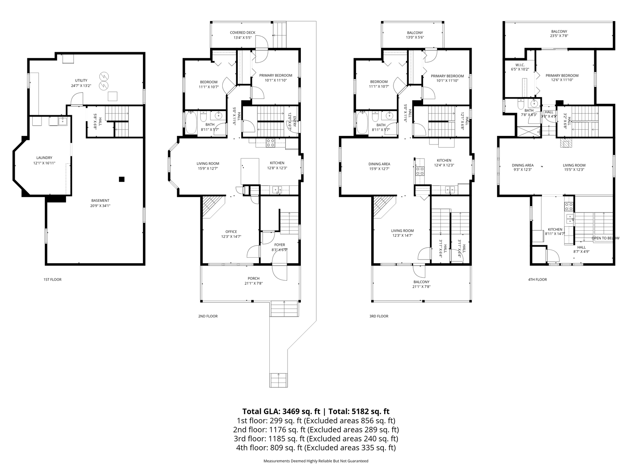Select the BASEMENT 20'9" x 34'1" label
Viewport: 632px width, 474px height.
click(100, 203)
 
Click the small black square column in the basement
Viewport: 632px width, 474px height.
click(122, 179)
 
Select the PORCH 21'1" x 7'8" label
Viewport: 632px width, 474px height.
click(254, 281)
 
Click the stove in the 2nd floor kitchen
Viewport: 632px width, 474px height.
click(271, 143)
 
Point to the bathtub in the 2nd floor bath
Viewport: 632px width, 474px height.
click(191, 123)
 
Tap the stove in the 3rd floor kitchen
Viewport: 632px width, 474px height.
click(420, 171)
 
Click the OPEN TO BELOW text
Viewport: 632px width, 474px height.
click(605, 238)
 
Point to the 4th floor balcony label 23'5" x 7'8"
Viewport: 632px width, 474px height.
click(559, 34)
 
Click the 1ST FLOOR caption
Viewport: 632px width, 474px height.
click(52, 280)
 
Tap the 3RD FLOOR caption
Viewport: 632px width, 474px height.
click(379, 316)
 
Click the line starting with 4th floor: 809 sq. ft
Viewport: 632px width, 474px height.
click(316, 448)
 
